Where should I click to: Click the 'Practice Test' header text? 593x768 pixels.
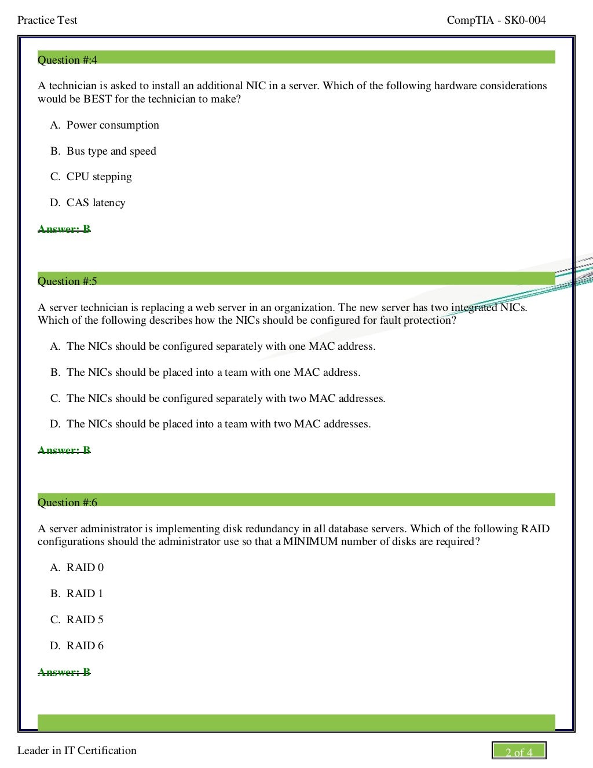47,20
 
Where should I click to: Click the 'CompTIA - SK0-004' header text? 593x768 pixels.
496,20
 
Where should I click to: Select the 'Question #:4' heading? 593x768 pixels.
67,60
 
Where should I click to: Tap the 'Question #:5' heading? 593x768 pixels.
67,281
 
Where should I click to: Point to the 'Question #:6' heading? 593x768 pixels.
67,502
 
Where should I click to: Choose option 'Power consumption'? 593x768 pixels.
112,125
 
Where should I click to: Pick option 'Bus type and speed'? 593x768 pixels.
111,151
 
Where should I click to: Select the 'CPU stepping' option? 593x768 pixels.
99,177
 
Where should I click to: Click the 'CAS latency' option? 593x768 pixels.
96,203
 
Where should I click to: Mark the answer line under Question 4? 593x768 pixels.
64,229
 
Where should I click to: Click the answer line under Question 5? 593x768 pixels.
64,450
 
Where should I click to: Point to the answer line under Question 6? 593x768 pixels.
64,672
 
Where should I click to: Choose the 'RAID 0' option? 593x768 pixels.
85,568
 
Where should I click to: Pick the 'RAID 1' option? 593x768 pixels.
85,594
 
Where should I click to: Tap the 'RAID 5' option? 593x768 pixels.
85,620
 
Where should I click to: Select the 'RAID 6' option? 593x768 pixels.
85,646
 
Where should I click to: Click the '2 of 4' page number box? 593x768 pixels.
519,751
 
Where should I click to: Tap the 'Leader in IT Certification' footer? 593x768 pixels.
77,751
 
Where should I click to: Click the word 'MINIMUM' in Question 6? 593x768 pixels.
310,542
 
